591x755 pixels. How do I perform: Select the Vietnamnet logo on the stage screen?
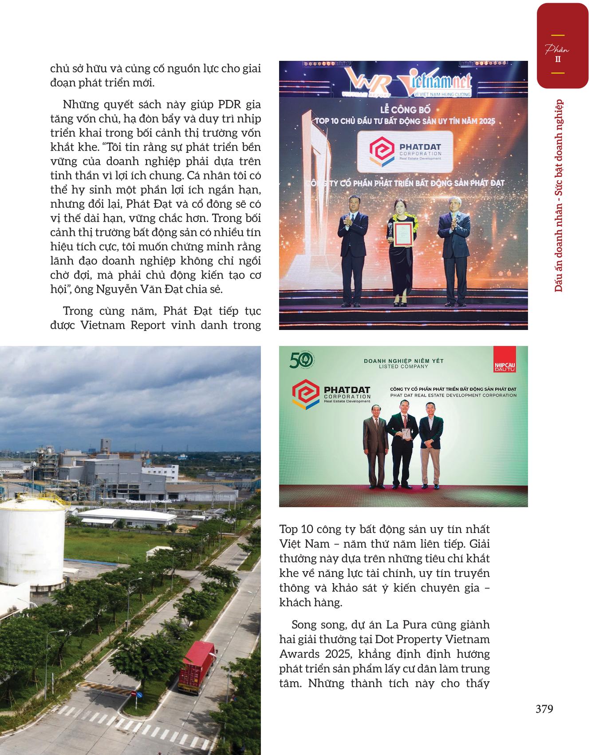click(x=435, y=84)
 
